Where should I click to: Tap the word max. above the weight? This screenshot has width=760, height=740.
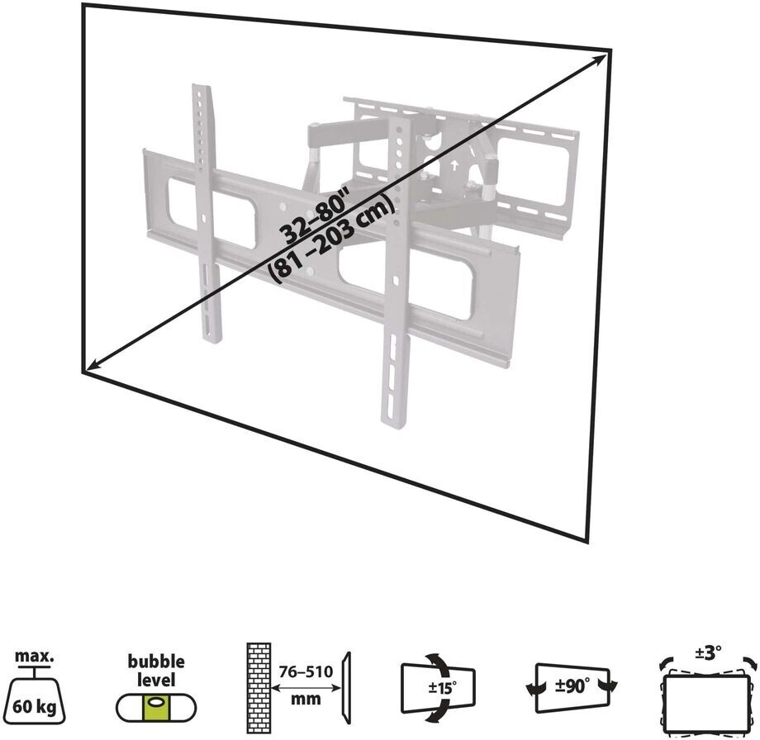click(x=35, y=657)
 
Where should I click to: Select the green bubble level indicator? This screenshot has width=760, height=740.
click(x=156, y=708)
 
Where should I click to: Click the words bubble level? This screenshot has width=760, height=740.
click(x=156, y=671)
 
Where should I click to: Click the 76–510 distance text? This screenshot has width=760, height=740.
click(x=306, y=671)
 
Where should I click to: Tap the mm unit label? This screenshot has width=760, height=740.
click(x=306, y=700)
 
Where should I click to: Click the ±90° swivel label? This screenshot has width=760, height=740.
click(x=572, y=686)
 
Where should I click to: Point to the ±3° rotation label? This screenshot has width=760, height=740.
click(x=708, y=652)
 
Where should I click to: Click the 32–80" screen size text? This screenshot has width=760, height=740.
click(x=315, y=216)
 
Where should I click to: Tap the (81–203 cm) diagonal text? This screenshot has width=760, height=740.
click(x=330, y=240)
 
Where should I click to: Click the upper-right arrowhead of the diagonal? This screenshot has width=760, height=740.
click(x=601, y=59)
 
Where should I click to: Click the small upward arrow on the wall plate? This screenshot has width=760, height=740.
click(x=454, y=166)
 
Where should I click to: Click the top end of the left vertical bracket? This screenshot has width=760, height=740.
click(x=201, y=88)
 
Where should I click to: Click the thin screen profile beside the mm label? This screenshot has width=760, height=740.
click(x=346, y=688)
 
